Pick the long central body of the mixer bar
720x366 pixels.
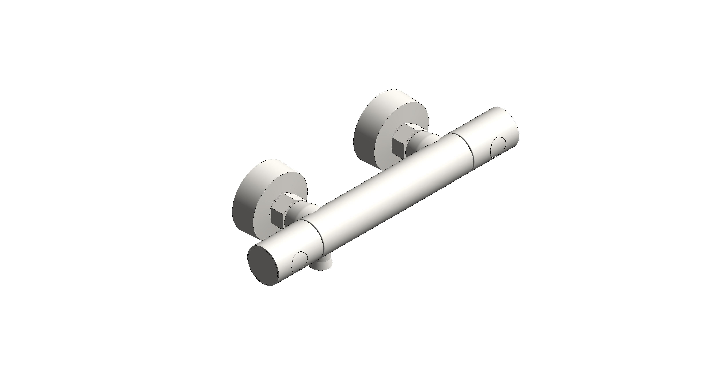[391, 195]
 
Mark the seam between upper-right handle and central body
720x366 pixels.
[464, 148]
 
